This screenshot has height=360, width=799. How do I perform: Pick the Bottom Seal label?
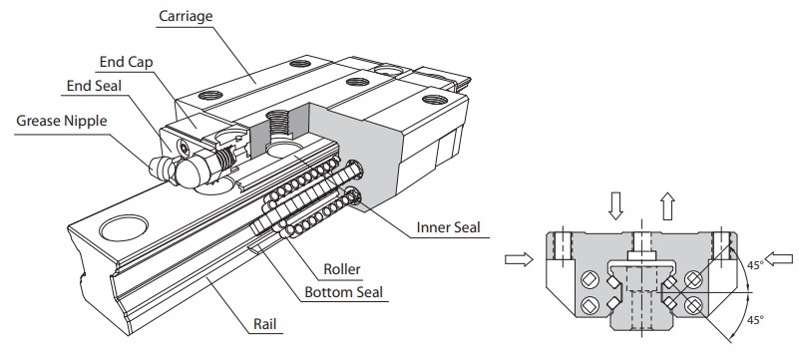click(x=343, y=292)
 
